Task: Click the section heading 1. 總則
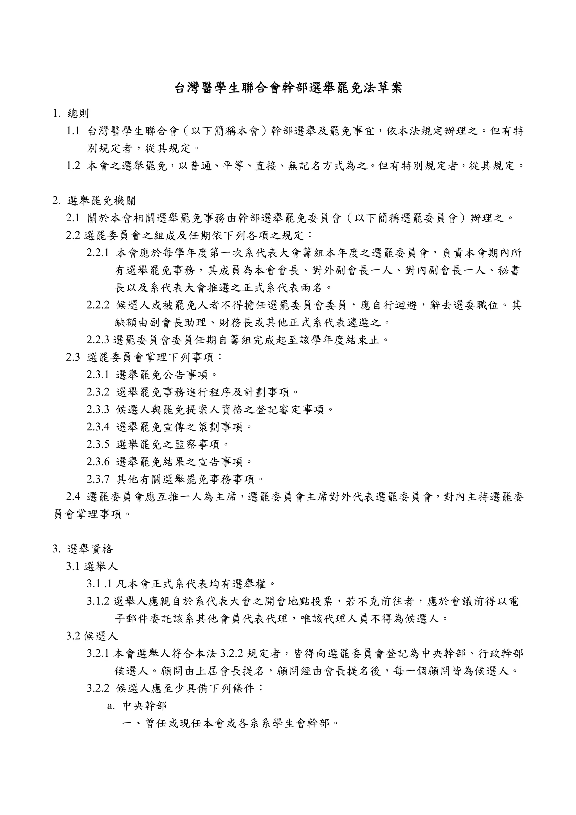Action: [71, 114]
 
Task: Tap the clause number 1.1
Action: [73, 131]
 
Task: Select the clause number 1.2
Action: [73, 166]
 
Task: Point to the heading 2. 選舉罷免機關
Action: [94, 201]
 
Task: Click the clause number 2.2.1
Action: [98, 253]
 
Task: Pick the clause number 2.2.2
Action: [98, 305]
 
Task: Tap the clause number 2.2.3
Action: [98, 340]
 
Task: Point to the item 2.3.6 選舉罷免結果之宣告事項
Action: [169, 462]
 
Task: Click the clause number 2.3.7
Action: [98, 479]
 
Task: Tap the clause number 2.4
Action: [73, 497]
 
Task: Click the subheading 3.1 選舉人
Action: [92, 566]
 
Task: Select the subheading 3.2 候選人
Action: [92, 636]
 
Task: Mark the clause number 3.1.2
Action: [98, 601]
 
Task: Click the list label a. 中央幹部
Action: [137, 706]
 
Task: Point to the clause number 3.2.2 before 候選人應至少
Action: [98, 688]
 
